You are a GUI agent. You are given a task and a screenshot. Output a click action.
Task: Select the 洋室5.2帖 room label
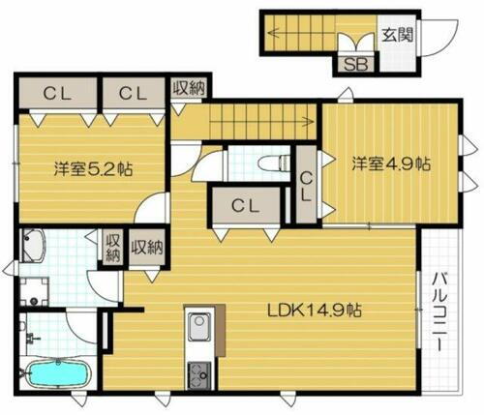click(93, 167)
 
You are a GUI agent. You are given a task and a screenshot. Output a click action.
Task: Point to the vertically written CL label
click(306, 184)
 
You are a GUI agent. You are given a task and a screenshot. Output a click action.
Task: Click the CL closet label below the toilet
click(245, 204)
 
